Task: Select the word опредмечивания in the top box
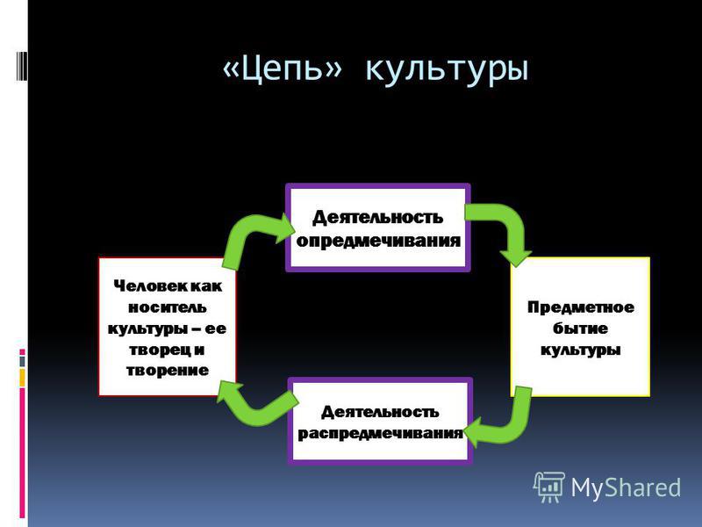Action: [378, 240]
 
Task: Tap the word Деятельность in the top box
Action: [378, 217]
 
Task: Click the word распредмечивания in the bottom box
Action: [380, 433]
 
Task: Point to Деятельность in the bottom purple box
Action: [379, 411]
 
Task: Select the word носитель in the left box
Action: [168, 307]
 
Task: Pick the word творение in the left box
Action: [168, 370]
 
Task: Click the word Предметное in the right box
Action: [580, 307]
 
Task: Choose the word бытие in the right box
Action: [580, 328]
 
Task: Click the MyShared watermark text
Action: [626, 486]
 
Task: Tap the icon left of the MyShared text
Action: [548, 486]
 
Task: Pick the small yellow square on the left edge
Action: [23, 378]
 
